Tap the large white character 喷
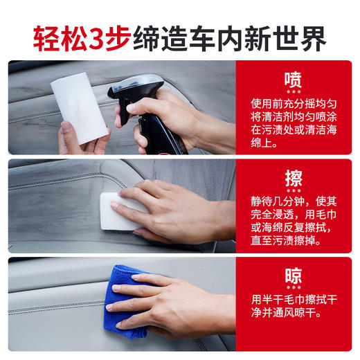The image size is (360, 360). pos(294,76)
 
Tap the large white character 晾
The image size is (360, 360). pos(294,276)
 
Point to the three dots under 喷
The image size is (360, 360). pos(294,91)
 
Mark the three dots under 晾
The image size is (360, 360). pos(294,288)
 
